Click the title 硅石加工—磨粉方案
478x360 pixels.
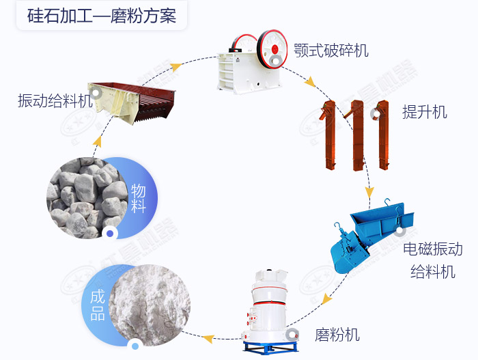[x=102, y=16]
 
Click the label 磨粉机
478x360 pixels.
[x=337, y=335]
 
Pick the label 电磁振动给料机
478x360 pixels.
[x=432, y=260]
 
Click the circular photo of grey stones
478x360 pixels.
[x=85, y=195]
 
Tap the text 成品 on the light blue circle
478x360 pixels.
[x=98, y=305]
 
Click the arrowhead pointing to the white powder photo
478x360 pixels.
[x=209, y=337]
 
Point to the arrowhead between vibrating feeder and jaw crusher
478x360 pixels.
[x=176, y=67]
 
